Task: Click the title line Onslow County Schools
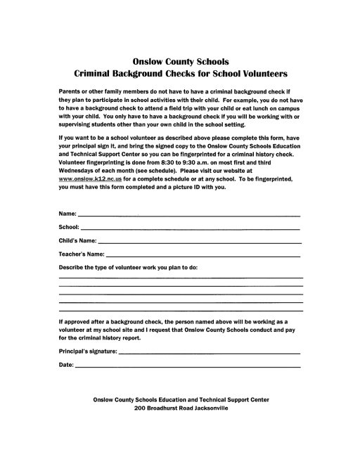180,61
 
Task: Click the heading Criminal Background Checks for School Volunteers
180,73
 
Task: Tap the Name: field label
67,214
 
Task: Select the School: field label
69,227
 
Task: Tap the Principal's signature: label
88,351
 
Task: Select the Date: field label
65,365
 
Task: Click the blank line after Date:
187,367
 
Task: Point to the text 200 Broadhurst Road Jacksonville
181,408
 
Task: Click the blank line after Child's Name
200,242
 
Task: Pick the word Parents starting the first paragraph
71,93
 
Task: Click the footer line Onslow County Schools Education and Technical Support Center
181,399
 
